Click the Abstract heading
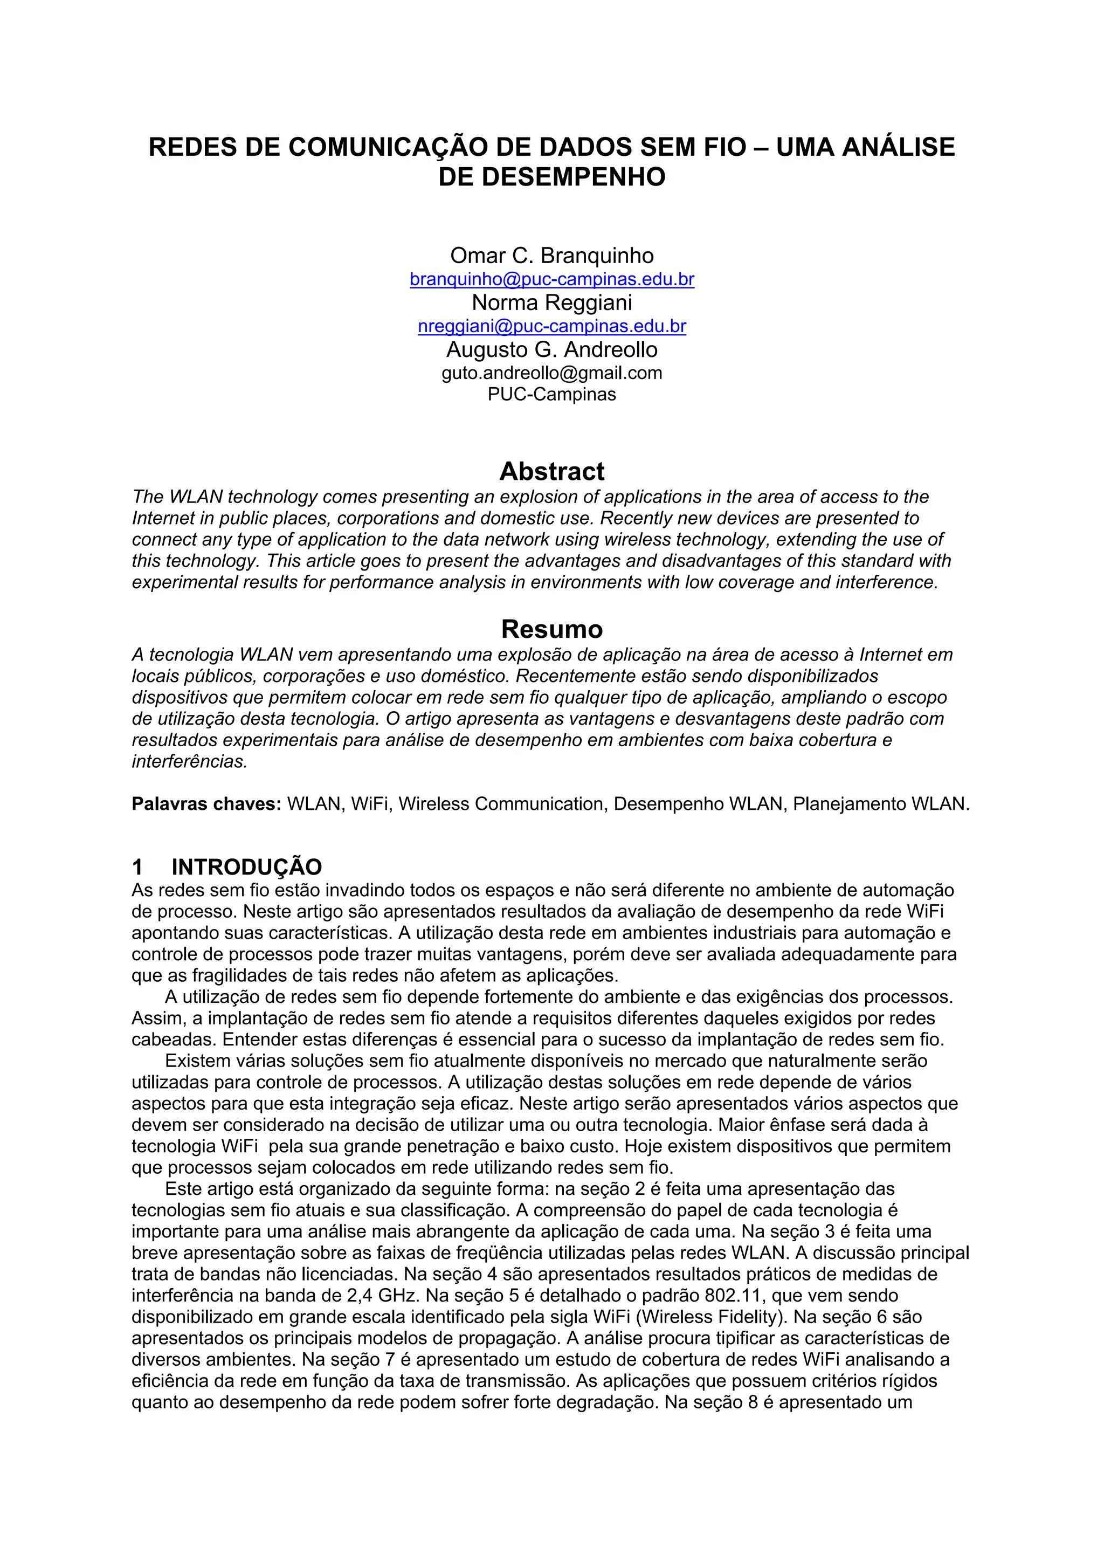(x=551, y=471)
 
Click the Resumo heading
(x=551, y=629)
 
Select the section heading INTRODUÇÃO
(x=246, y=868)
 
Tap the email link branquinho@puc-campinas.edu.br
(x=551, y=280)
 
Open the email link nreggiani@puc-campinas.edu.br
(x=551, y=327)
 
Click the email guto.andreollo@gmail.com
(x=551, y=373)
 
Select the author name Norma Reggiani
(x=551, y=302)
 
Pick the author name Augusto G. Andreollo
(x=551, y=350)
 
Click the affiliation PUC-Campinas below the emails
(x=551, y=395)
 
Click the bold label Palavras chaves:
(x=206, y=804)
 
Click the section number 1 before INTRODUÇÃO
(x=137, y=868)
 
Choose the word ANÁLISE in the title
(x=899, y=148)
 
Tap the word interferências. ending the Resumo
(x=190, y=761)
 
